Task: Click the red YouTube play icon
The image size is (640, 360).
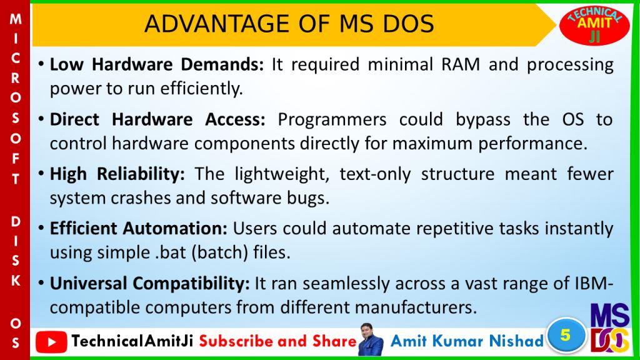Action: click(51, 342)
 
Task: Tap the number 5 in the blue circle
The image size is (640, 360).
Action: click(565, 335)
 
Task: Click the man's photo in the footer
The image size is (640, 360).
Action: click(370, 339)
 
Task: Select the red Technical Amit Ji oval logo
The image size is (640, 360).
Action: click(594, 25)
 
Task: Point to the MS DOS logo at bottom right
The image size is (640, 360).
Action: click(610, 327)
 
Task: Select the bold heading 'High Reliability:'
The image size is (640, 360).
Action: click(117, 174)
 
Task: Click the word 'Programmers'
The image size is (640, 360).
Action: click(332, 120)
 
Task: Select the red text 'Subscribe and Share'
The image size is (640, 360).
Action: click(278, 341)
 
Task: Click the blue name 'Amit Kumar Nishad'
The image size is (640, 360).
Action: click(467, 341)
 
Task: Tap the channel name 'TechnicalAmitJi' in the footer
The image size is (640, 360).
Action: click(132, 341)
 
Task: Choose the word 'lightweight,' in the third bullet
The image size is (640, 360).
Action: click(282, 174)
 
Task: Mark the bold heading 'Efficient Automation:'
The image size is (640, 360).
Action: click(138, 229)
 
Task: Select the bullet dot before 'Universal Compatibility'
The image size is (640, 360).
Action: click(41, 282)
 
